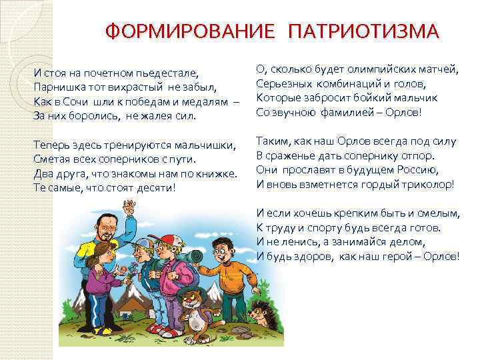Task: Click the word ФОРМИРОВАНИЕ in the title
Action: point(191,31)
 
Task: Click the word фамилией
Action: point(343,112)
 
